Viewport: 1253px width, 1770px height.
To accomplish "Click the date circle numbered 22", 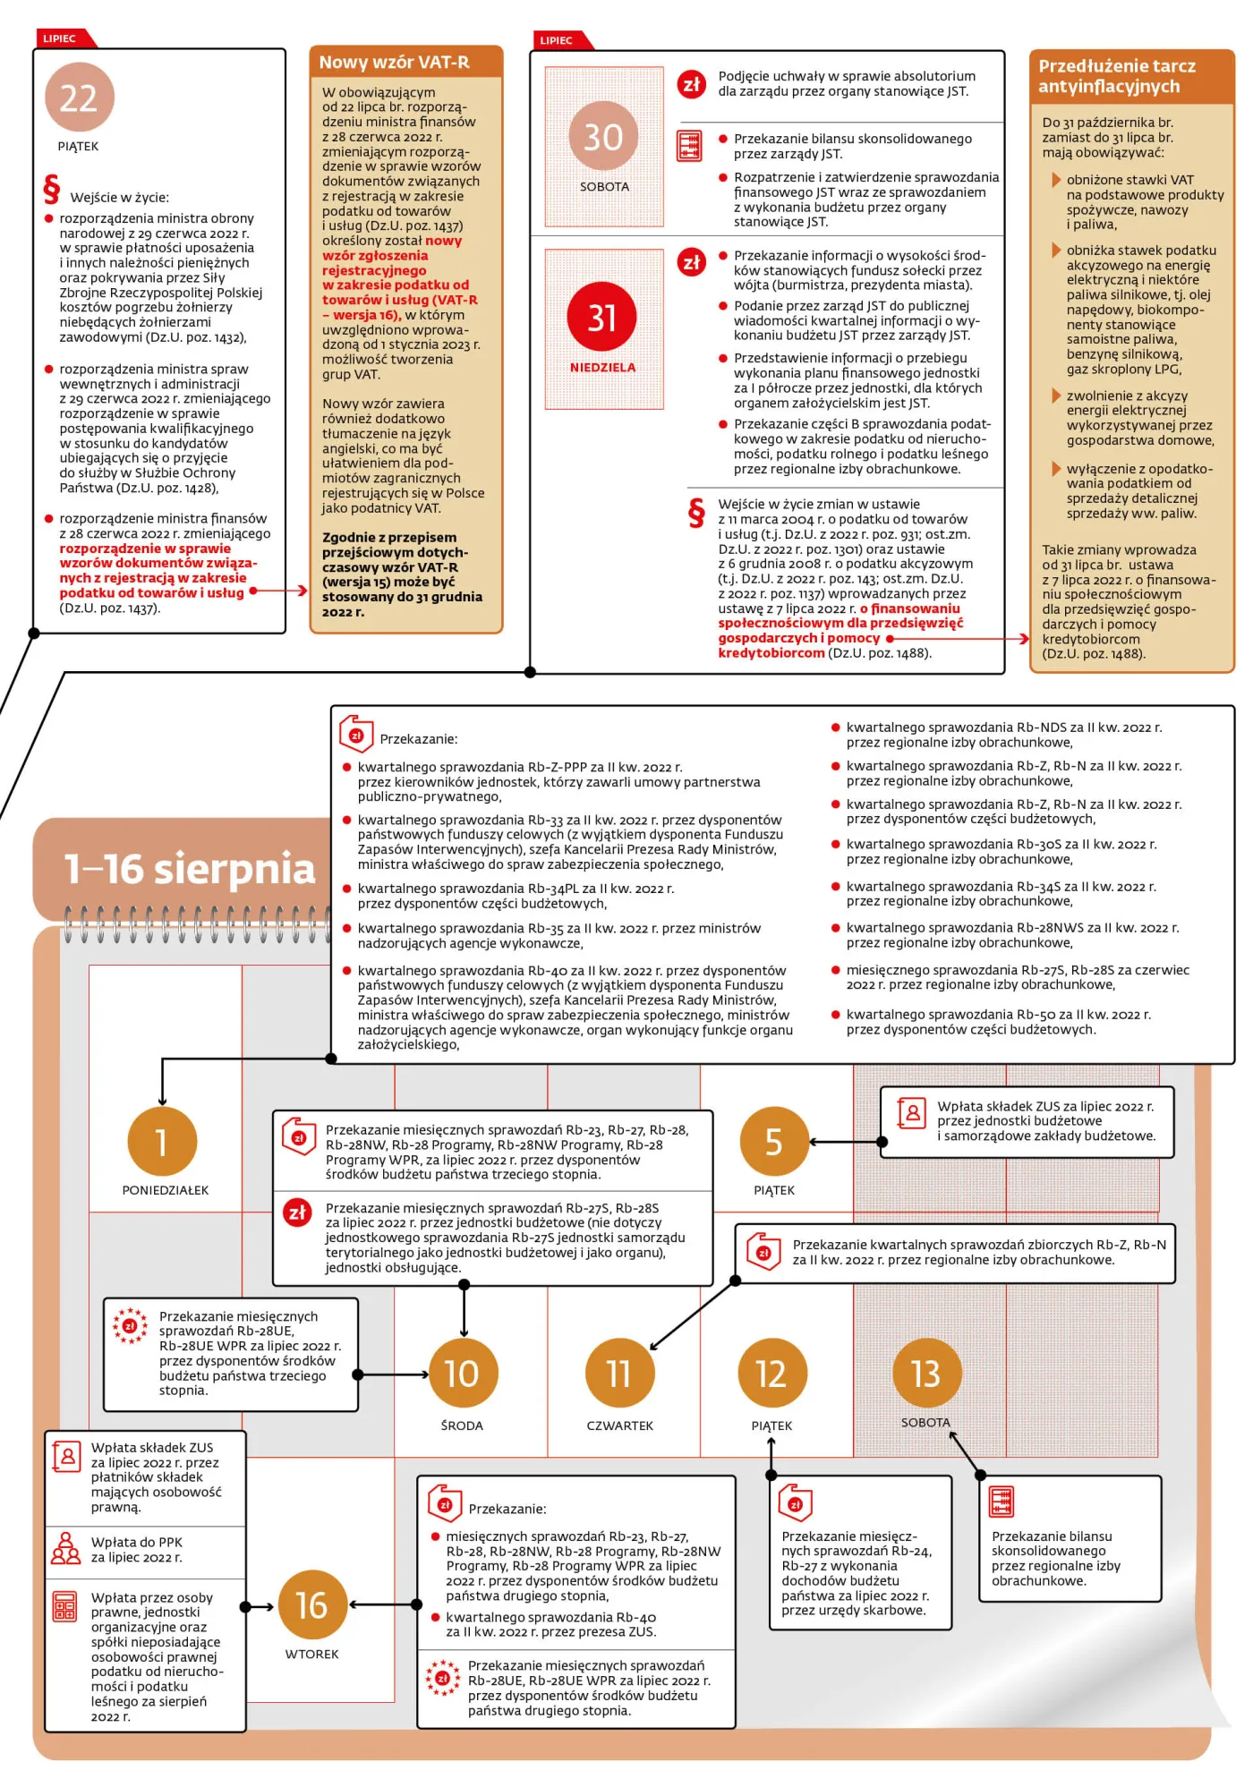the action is (x=79, y=98).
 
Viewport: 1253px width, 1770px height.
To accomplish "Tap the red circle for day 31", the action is (x=601, y=317).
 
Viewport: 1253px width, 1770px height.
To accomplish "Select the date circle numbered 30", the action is (x=603, y=136).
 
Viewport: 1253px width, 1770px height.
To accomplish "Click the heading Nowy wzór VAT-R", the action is (x=395, y=62).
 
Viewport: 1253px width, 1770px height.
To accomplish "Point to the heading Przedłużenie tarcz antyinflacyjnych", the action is (x=1117, y=76).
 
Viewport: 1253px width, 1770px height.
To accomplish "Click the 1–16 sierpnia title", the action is (x=190, y=868).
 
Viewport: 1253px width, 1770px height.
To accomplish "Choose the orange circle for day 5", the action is (x=774, y=1141).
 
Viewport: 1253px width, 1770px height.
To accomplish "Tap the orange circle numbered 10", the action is (x=463, y=1374).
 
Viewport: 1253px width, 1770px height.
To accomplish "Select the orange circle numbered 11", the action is (x=619, y=1374).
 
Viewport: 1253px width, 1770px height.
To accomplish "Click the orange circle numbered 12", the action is (x=771, y=1374).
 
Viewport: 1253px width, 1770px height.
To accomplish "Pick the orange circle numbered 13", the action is (x=926, y=1373).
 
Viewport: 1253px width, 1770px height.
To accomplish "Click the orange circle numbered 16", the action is (x=312, y=1605).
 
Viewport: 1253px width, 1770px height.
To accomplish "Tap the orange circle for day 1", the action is (x=162, y=1141).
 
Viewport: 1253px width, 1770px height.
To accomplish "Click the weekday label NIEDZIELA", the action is (x=602, y=368).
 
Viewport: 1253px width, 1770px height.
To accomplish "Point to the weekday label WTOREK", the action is (x=312, y=1655).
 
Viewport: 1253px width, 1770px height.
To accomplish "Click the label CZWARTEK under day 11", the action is (x=620, y=1425).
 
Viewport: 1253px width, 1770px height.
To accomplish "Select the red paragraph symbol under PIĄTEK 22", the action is (x=52, y=189).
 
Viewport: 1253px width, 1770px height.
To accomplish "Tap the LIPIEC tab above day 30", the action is (x=556, y=40).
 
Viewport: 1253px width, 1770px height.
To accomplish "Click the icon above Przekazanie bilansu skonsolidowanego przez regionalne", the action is (x=1002, y=1501).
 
